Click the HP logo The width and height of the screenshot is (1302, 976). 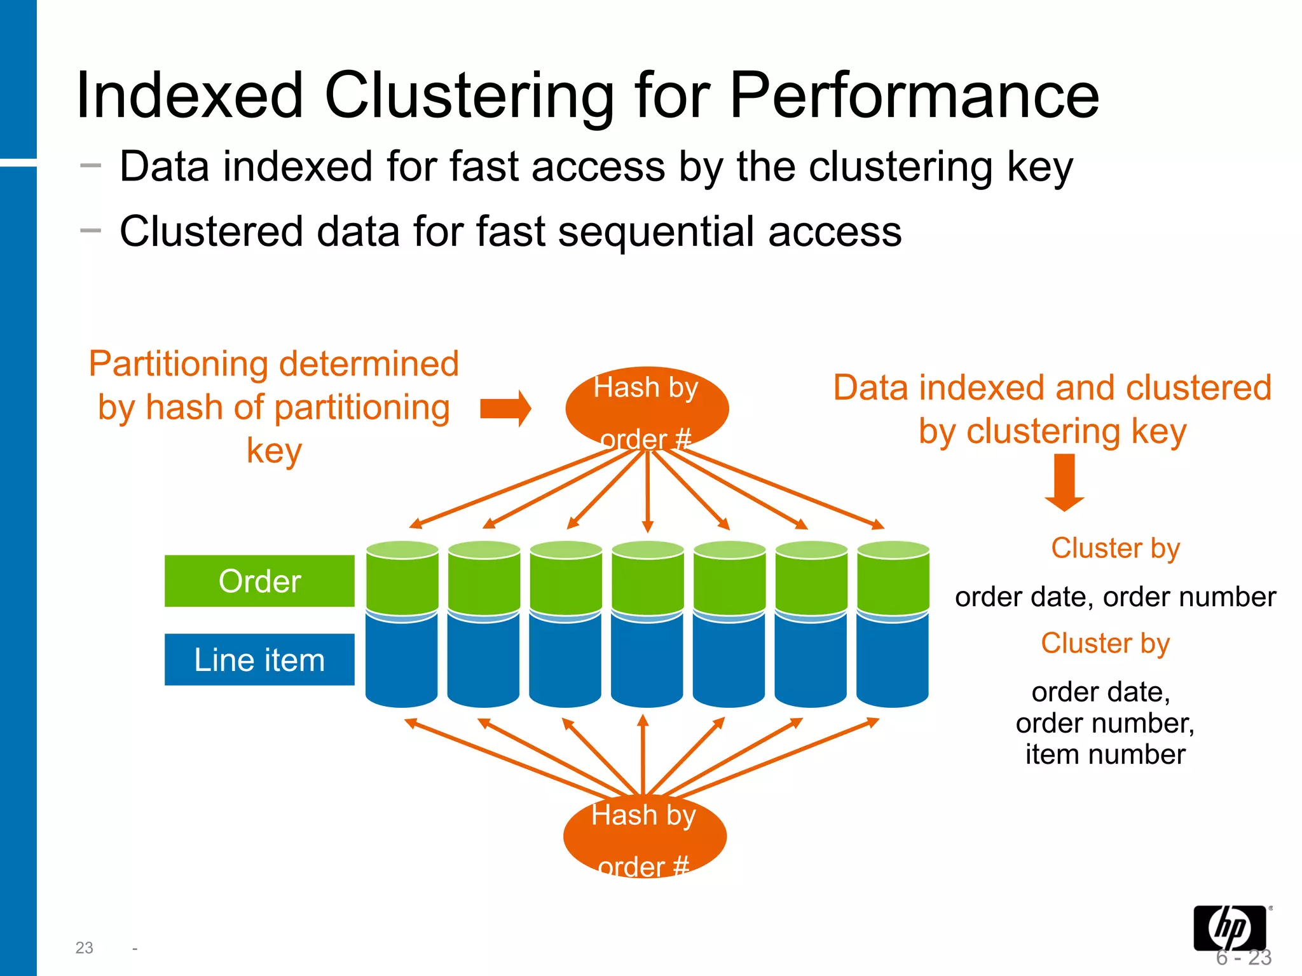1230,928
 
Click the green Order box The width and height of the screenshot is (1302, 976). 259,581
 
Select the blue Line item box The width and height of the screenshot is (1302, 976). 259,660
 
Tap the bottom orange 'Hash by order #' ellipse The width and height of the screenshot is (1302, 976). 645,836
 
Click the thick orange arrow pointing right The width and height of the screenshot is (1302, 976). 505,409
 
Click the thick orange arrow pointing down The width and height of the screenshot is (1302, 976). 1064,483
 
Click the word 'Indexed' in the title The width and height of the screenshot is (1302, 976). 189,95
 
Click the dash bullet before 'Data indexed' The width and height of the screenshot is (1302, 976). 91,166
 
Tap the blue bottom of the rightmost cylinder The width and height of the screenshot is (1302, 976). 893,661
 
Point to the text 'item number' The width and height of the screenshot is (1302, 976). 1105,755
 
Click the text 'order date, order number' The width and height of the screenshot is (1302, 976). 1115,597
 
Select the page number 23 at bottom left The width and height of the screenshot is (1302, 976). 84,948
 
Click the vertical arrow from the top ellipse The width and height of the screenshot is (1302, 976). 648,492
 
